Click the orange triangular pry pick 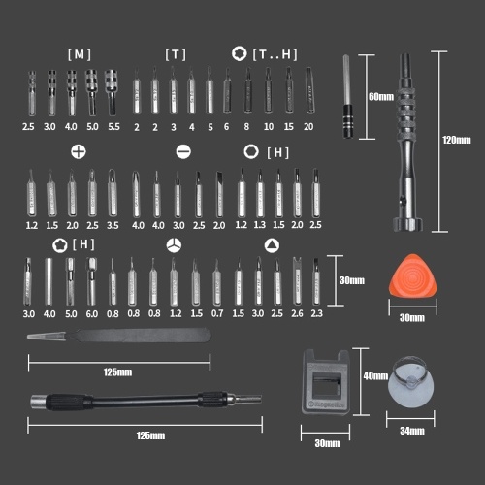point(412,276)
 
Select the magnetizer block point(326,382)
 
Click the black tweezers point(119,336)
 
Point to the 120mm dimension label point(457,140)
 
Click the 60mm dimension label point(381,97)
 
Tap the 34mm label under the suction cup point(412,431)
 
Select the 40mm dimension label point(375,376)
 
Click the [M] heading point(80,54)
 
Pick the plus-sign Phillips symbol point(79,151)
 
